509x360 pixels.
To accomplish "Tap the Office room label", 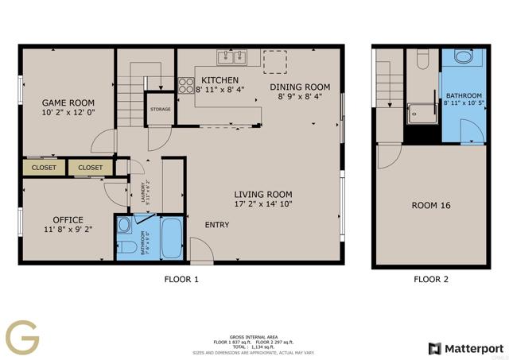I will [x=68, y=220].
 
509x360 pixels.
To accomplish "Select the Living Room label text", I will [x=262, y=195].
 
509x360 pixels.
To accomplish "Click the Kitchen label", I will [x=220, y=81].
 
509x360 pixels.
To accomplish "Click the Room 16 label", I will [x=430, y=206].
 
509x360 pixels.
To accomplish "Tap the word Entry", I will [x=216, y=225].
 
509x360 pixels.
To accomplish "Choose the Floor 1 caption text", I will [x=181, y=280].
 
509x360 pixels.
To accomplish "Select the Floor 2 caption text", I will [x=430, y=280].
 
